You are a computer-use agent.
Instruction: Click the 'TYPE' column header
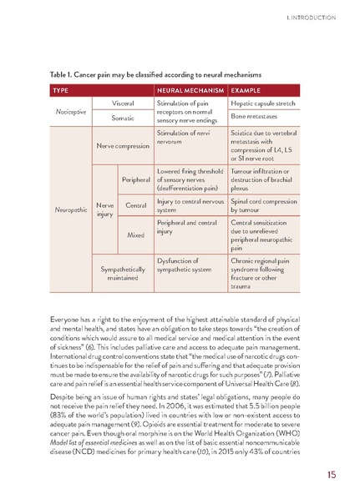click(x=61, y=88)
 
